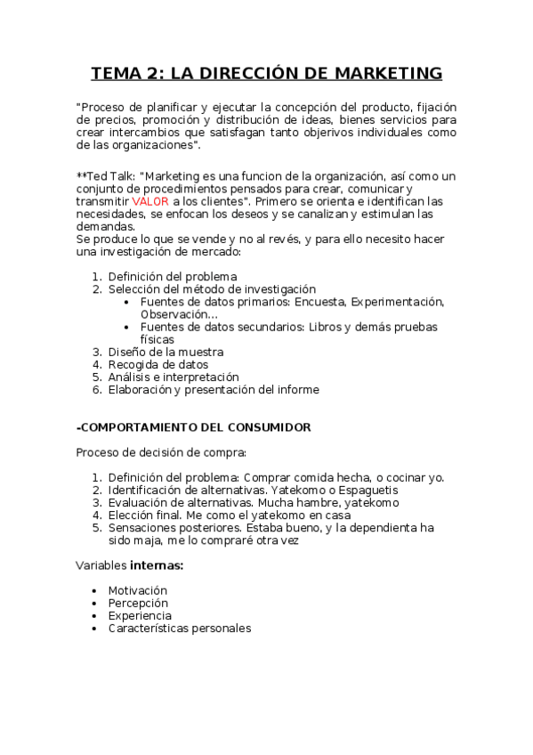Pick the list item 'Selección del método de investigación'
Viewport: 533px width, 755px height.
click(x=212, y=289)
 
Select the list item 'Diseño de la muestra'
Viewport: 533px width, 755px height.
click(x=166, y=352)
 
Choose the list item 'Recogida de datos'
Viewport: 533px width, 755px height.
click(x=158, y=364)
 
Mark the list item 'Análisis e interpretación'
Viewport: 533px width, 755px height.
click(x=174, y=377)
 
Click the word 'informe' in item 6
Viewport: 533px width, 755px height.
click(x=297, y=389)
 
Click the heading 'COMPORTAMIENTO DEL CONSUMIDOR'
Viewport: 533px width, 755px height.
click(x=195, y=427)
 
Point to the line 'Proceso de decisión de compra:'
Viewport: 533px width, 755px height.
click(x=160, y=452)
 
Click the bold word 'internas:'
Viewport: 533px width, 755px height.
click(x=157, y=565)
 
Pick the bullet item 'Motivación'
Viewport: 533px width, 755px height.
click(x=137, y=590)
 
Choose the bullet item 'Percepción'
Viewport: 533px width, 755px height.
click(x=137, y=603)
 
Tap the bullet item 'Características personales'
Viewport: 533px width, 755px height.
click(x=179, y=628)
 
